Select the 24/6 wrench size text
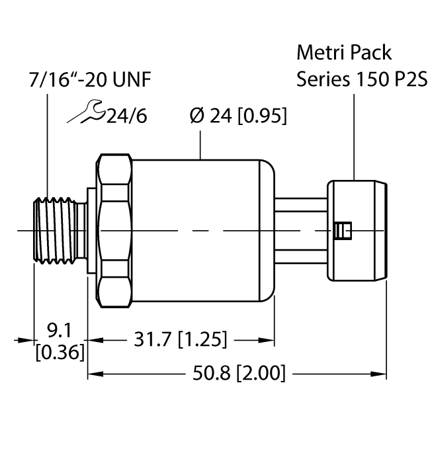124,116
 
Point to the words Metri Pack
344,52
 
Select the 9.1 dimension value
60,328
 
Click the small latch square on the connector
343,230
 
